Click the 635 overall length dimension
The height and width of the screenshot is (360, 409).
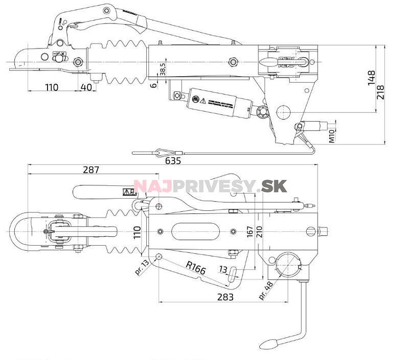pyautogui.click(x=173, y=161)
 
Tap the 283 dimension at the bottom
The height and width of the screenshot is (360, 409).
pyautogui.click(x=225, y=297)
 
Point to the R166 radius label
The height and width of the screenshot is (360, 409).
pyautogui.click(x=195, y=268)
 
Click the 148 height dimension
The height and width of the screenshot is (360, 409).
pyautogui.click(x=372, y=77)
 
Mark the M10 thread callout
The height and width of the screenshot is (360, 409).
pyautogui.click(x=331, y=135)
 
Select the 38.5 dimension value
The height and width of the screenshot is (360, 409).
pyautogui.click(x=162, y=69)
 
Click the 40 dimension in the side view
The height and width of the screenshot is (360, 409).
pyautogui.click(x=86, y=87)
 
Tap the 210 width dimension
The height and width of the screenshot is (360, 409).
pyautogui.click(x=259, y=232)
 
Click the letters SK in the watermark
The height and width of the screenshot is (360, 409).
pyautogui.click(x=273, y=187)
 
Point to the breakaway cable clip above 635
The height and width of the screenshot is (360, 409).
pyautogui.click(x=164, y=152)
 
